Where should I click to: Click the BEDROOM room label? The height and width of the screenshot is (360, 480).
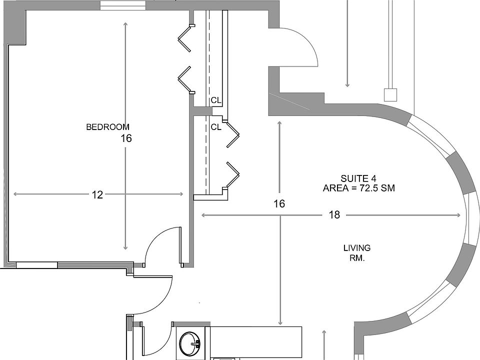click(x=107, y=127)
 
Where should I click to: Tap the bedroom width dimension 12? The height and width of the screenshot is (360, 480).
click(x=97, y=195)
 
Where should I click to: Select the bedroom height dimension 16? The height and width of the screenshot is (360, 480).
click(x=126, y=138)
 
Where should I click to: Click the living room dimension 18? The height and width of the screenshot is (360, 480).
click(x=334, y=215)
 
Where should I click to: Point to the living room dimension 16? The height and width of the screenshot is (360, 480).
click(x=279, y=203)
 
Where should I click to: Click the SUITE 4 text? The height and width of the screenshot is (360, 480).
click(x=358, y=178)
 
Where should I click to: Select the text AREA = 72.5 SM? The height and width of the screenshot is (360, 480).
click(x=360, y=188)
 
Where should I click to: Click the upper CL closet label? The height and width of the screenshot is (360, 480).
click(x=216, y=100)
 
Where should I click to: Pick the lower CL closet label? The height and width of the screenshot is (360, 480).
click(x=216, y=127)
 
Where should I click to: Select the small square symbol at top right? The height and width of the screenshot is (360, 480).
click(x=390, y=94)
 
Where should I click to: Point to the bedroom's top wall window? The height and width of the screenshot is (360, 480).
click(x=123, y=5)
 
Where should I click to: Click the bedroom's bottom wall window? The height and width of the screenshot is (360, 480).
click(x=37, y=265)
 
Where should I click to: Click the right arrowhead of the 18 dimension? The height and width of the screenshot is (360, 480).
click(x=458, y=215)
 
